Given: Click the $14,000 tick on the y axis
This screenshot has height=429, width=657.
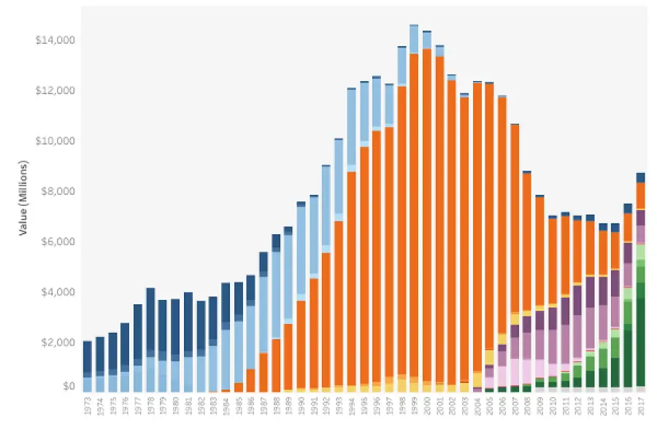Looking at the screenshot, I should click(x=54, y=40).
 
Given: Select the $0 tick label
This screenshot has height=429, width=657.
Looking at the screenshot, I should click(x=67, y=385).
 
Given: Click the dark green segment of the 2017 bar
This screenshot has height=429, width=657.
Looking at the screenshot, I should click(x=640, y=343).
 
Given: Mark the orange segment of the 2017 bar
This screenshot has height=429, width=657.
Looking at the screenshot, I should click(x=640, y=195).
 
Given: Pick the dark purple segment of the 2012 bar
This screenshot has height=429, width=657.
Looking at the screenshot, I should click(x=577, y=299).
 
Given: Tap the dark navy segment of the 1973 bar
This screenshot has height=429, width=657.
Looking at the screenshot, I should click(x=88, y=357).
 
